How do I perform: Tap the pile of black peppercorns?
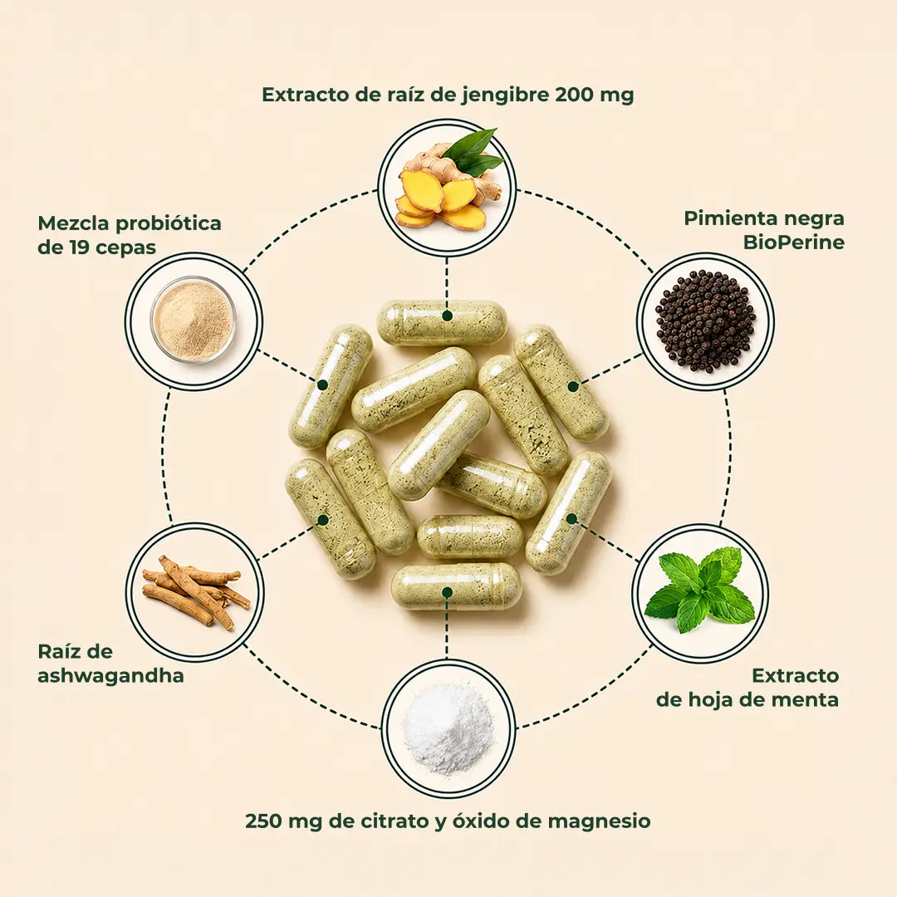(705, 321)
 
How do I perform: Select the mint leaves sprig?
(700, 590)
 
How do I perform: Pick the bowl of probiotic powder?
(194, 321)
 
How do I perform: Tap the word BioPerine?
(793, 243)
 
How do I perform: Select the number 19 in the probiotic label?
(80, 248)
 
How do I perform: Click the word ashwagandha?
(110, 676)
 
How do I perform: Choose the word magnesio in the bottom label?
(599, 821)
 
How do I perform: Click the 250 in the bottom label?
(264, 821)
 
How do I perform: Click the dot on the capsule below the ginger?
(448, 316)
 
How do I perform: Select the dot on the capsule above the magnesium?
(448, 592)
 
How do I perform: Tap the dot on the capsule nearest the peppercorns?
(572, 387)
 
